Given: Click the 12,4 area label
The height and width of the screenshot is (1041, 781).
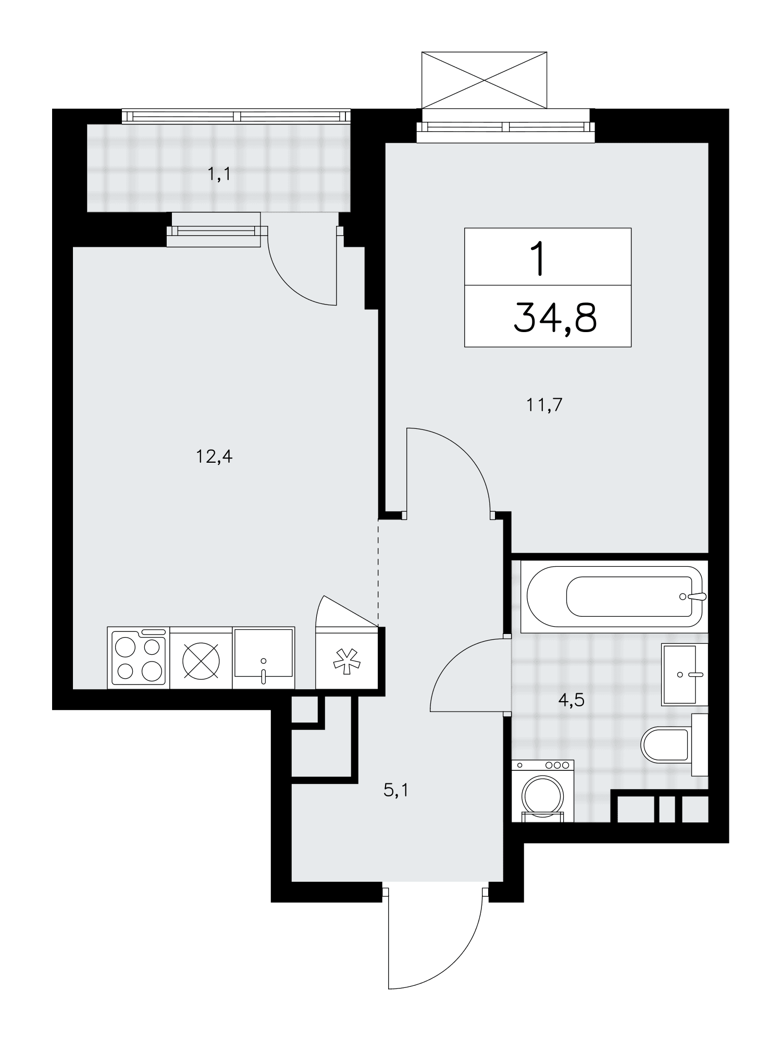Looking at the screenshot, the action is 214,458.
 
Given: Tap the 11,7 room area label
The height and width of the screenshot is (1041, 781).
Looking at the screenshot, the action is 544,404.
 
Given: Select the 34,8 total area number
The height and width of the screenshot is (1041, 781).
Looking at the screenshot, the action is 555,318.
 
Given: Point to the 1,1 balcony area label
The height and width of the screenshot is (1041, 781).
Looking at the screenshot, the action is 219,175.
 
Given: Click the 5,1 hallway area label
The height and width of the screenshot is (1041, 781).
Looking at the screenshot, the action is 396,791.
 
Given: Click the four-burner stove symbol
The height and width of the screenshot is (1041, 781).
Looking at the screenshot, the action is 139,658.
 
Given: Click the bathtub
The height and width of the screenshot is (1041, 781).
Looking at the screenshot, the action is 615,596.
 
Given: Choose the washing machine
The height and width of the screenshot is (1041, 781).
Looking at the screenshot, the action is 543,791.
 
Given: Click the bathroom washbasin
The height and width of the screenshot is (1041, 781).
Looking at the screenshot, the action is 684,675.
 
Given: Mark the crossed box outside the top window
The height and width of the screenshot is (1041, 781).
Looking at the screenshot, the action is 485,80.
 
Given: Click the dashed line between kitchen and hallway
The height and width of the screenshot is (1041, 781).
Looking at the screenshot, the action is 378,573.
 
